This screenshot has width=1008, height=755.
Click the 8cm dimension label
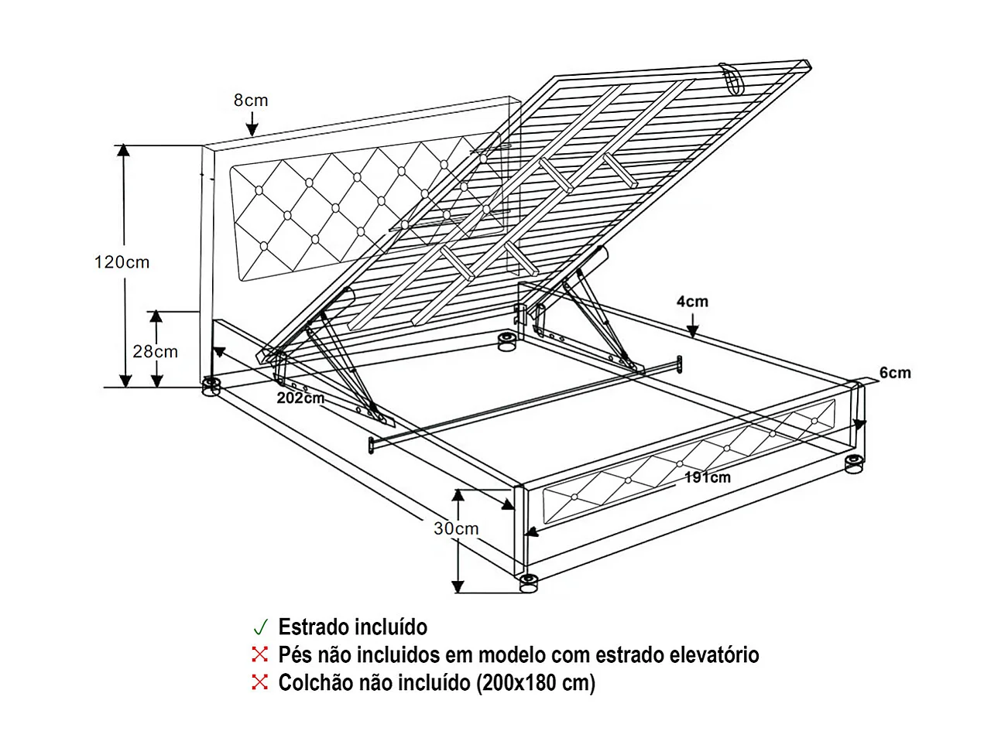click(x=251, y=101)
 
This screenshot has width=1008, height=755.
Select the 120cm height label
click(x=122, y=262)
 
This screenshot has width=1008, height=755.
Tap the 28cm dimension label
click(x=155, y=352)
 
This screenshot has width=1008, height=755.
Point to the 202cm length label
click(x=300, y=398)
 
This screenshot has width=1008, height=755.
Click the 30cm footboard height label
click(x=456, y=529)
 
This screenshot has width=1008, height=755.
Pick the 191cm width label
click(x=707, y=477)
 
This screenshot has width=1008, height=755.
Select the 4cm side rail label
click(x=692, y=302)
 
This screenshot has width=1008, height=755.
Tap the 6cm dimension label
click(x=895, y=373)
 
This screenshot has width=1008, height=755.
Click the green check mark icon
click(x=260, y=627)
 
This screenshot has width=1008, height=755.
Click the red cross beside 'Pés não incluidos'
click(x=260, y=655)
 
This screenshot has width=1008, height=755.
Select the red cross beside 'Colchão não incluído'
click(x=260, y=682)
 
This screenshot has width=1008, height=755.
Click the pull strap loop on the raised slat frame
click(x=730, y=77)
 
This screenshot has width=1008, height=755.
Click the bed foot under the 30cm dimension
click(x=529, y=582)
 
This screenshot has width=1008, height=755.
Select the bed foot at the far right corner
click(x=854, y=464)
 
